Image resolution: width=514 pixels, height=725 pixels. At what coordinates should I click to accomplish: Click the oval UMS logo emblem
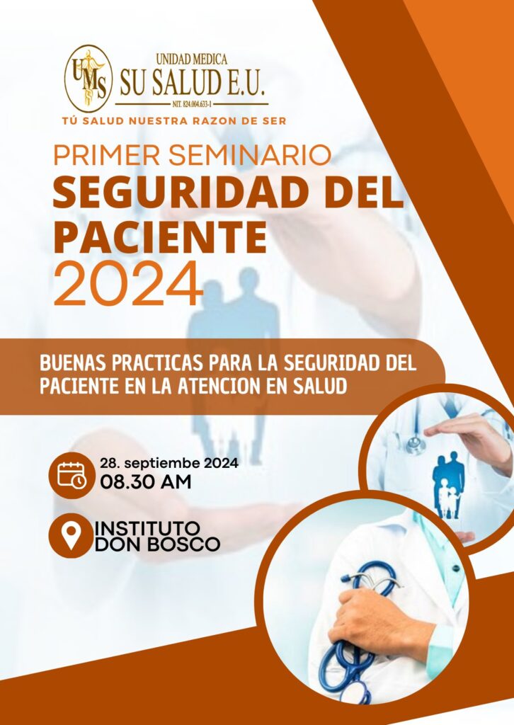pos(88,78)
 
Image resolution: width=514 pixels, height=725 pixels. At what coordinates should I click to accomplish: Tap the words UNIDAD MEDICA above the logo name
pos(191,59)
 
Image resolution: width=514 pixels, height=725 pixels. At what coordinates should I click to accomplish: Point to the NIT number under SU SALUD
pos(192,105)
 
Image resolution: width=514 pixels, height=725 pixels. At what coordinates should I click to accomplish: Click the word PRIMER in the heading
pos(107,155)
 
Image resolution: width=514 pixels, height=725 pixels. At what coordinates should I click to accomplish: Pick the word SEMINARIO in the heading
pos(250,155)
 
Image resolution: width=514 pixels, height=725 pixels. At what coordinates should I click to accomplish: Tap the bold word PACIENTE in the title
pos(161,237)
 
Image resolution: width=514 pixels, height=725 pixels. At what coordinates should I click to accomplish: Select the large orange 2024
pos(128,283)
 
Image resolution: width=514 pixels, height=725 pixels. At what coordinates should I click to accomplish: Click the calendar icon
pos(72,475)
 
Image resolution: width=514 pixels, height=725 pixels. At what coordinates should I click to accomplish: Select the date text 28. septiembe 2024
pos(169,463)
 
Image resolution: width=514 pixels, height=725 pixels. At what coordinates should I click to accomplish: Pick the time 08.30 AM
pos(146,481)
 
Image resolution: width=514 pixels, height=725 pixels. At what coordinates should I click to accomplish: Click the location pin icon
pos(72,535)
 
